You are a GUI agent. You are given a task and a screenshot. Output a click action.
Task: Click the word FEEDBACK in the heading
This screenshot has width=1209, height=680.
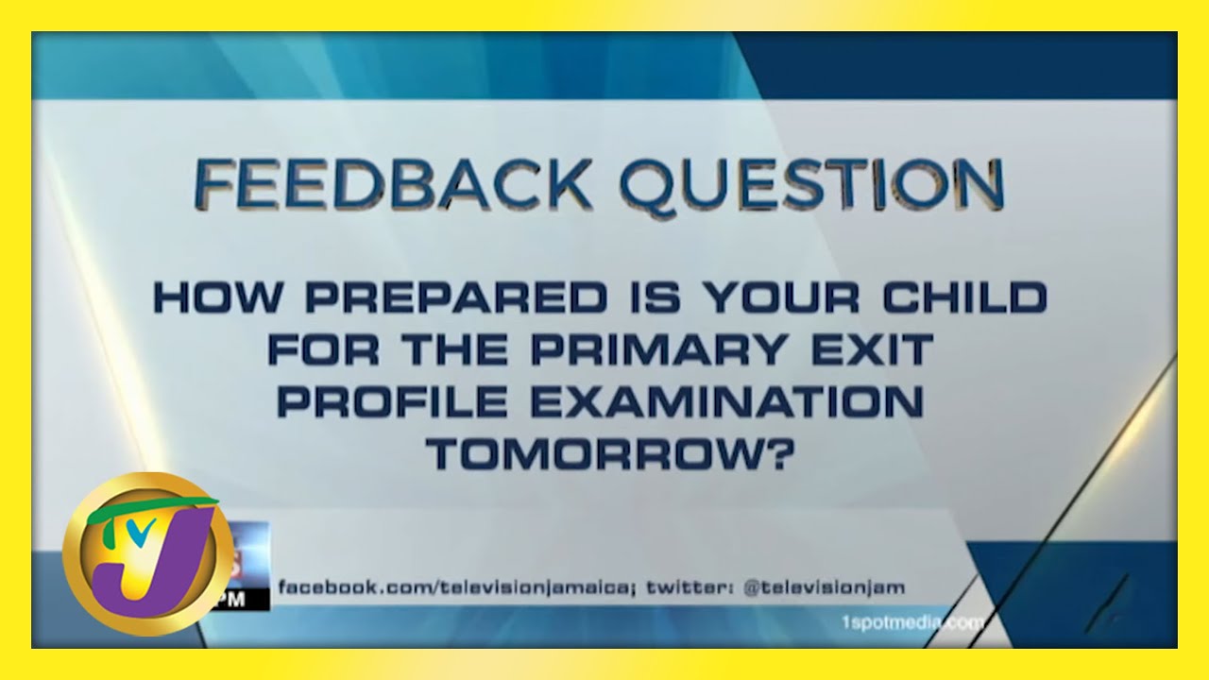point(392,183)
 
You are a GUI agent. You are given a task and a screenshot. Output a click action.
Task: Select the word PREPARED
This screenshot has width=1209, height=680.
point(456,297)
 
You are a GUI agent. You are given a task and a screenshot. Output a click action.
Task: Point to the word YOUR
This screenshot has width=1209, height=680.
point(782,297)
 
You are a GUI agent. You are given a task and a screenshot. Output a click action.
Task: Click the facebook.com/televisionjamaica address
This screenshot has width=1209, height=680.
point(454,587)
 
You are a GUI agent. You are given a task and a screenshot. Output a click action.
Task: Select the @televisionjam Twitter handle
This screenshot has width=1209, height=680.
point(824,586)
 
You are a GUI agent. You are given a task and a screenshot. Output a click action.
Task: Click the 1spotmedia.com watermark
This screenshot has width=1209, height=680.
point(913,623)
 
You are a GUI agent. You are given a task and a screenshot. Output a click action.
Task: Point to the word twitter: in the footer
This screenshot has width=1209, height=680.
point(690,586)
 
